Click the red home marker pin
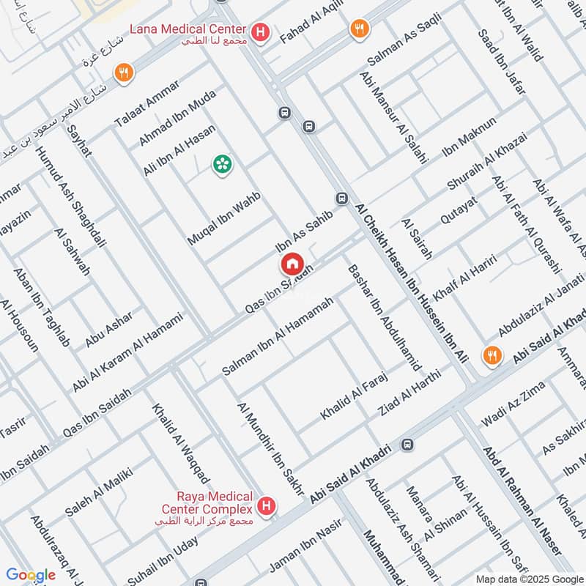tap(292, 263)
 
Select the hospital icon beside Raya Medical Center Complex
tap(268, 505)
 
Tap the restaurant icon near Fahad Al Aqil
tap(358, 29)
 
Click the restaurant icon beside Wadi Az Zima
tap(492, 356)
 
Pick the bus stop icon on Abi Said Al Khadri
tap(408, 444)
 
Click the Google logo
tap(30, 575)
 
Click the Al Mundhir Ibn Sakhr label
tap(270, 448)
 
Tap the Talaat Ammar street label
tap(141, 111)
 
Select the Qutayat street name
tap(459, 209)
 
